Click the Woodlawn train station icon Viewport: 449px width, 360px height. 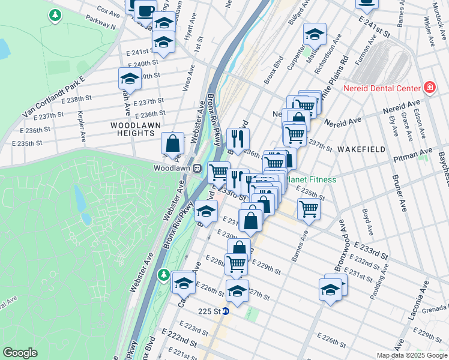(196, 169)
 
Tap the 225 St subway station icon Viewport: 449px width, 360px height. (226, 311)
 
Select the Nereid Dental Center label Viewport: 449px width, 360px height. (382, 89)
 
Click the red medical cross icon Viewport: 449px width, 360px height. (430, 89)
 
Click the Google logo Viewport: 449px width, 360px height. (20, 353)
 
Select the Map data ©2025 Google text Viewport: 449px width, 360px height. (412, 355)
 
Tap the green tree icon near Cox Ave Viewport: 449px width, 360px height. (55, 15)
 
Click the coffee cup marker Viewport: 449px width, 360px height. (145, 10)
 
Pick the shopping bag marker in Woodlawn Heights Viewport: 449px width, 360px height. (173, 143)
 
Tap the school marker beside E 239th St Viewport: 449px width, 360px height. (130, 79)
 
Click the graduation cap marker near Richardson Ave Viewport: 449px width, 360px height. (314, 34)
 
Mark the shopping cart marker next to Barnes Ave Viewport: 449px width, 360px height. (309, 210)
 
